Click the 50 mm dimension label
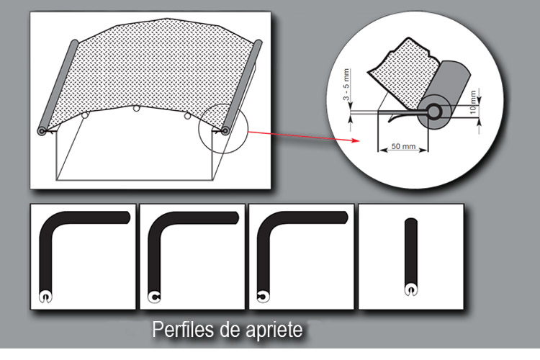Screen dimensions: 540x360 [x=403, y=146]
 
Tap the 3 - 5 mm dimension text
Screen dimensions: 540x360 [x=346, y=84]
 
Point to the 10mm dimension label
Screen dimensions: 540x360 [x=473, y=102]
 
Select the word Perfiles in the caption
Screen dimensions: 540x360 [x=183, y=330]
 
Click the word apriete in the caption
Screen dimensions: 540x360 [x=274, y=330]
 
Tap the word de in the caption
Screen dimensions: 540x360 [x=230, y=330]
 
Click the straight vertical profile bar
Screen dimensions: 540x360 [x=411, y=251]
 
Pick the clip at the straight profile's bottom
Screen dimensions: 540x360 [x=411, y=289]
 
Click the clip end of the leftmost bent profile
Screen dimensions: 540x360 [x=46, y=296]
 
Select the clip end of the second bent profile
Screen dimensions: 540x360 [x=154, y=296]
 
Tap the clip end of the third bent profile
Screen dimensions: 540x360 [x=264, y=296]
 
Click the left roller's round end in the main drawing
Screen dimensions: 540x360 [x=42, y=131]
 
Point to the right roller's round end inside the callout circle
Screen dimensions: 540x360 [x=225, y=131]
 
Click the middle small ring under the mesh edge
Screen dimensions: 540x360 [x=136, y=109]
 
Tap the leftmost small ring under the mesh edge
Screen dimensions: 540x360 [x=85, y=114]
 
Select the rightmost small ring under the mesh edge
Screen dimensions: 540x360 [x=187, y=116]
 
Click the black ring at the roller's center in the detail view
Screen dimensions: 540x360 [x=434, y=112]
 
